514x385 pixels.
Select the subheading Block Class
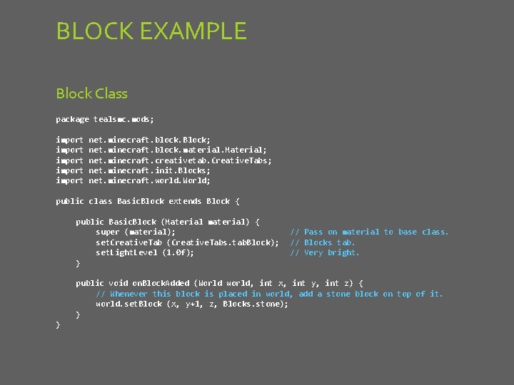(x=91, y=93)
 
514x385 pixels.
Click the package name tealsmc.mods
(x=124, y=119)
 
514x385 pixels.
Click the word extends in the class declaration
(x=185, y=201)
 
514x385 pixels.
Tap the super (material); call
(x=136, y=232)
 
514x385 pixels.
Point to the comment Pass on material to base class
(x=369, y=232)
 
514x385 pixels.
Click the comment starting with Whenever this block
(x=269, y=294)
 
